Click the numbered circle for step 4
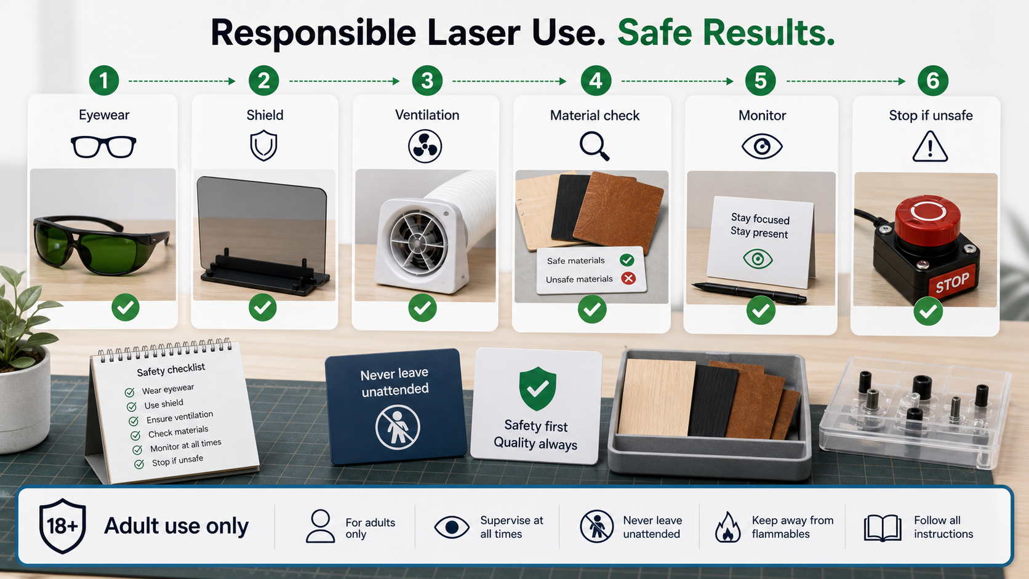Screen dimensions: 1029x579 click(x=596, y=81)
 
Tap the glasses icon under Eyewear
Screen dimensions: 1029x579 click(x=103, y=147)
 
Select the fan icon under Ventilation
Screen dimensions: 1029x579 click(x=425, y=147)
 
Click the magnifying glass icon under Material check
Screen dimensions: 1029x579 click(x=595, y=146)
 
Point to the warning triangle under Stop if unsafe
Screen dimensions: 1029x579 click(x=931, y=146)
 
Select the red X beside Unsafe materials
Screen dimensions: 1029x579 click(x=628, y=278)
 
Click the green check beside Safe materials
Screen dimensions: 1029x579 click(x=627, y=260)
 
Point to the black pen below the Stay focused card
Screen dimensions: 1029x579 click(x=749, y=292)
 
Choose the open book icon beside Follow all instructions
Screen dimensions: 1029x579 click(x=883, y=527)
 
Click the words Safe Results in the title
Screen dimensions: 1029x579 click(x=726, y=33)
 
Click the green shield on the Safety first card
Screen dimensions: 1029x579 click(x=537, y=388)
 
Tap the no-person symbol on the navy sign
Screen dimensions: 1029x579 click(x=398, y=427)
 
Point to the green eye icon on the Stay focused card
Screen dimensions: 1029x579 click(x=758, y=259)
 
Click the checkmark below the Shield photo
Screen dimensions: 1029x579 click(x=263, y=308)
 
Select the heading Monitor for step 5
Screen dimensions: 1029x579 click(x=762, y=115)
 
